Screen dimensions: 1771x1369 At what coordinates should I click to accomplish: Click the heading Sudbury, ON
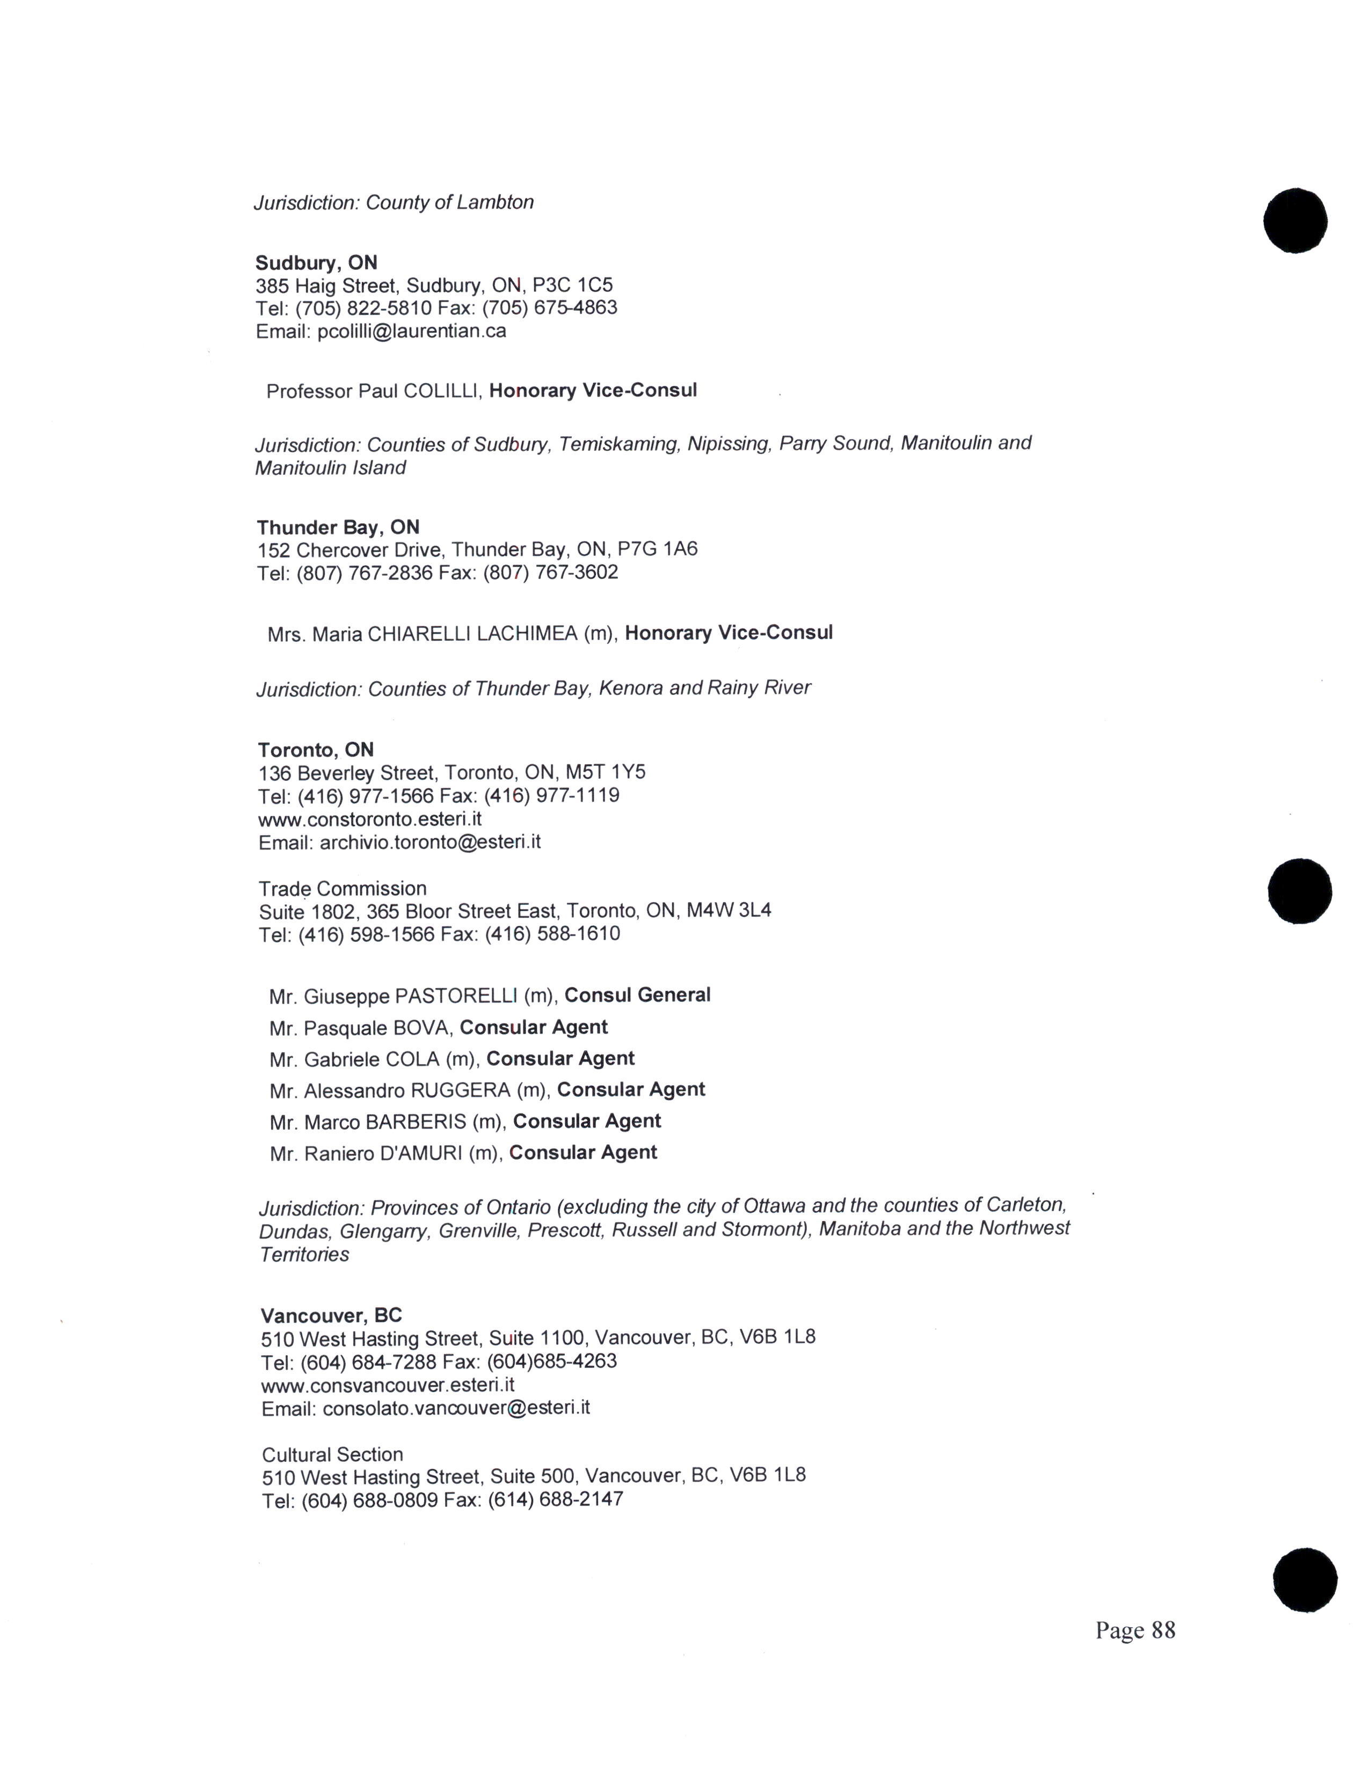(316, 263)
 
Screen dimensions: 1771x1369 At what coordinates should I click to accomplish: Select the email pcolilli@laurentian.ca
(412, 331)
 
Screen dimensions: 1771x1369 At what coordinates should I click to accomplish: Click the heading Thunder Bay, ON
(338, 527)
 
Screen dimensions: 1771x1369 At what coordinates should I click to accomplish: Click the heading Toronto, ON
(316, 749)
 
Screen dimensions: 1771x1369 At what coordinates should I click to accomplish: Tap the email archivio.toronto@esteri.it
(430, 841)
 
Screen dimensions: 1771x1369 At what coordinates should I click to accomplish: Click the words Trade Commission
(343, 888)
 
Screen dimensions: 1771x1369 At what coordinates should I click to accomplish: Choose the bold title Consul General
(637, 995)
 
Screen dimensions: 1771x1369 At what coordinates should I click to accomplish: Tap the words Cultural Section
(332, 1454)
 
